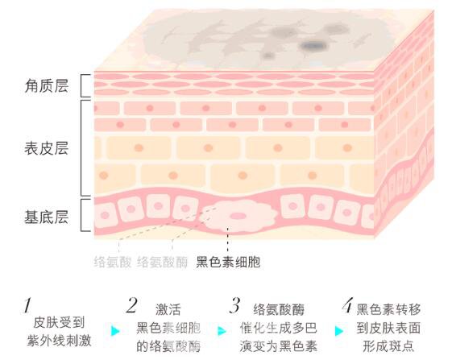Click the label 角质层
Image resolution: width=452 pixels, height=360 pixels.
tap(47, 86)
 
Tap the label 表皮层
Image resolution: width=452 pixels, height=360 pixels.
tap(47, 148)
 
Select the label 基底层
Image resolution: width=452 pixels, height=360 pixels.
tap(47, 217)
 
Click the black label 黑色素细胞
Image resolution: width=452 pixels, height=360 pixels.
tap(228, 262)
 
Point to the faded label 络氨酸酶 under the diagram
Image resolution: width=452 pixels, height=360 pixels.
tap(162, 262)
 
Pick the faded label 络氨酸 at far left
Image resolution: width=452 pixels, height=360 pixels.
tap(113, 262)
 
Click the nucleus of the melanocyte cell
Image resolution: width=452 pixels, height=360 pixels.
tap(237, 216)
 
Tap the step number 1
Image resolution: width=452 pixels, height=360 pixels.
tap(27, 305)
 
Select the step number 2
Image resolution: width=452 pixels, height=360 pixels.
tap(132, 305)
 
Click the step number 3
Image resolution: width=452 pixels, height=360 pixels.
tap(235, 305)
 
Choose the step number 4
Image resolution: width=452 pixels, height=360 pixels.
tap(347, 305)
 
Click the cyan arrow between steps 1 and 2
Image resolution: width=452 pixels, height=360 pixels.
tap(115, 330)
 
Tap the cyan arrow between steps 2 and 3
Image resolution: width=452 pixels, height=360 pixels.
tap(222, 330)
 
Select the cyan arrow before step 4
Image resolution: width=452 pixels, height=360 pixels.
tap(339, 330)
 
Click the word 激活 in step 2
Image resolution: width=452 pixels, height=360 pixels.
tap(168, 309)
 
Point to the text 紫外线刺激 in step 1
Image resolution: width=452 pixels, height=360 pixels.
tap(59, 340)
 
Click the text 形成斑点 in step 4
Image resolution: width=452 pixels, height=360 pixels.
tap(388, 346)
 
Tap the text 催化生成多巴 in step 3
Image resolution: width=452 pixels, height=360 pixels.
tap(279, 328)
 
